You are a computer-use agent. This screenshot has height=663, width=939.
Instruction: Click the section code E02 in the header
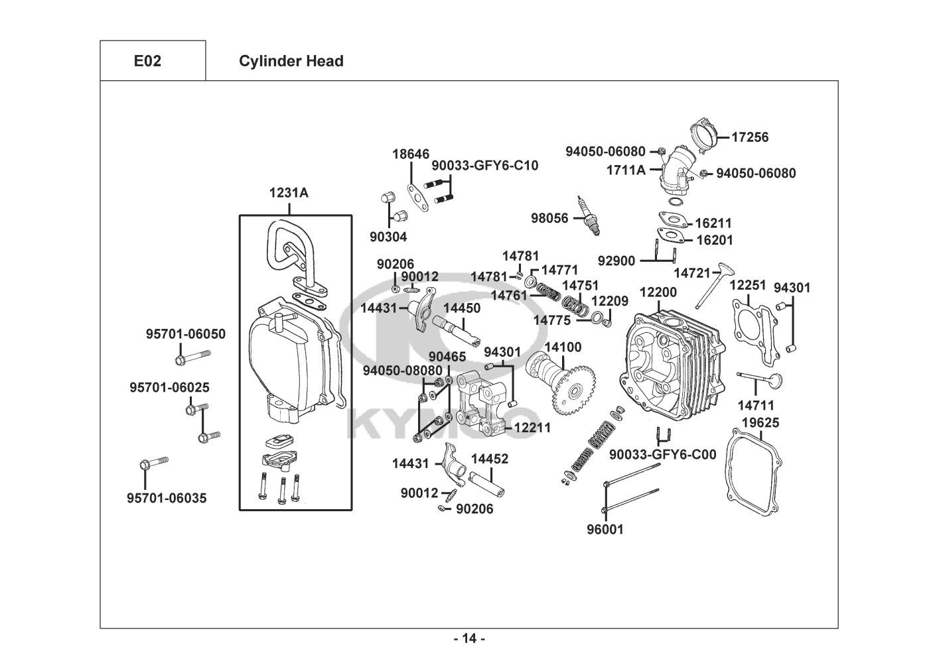pos(147,61)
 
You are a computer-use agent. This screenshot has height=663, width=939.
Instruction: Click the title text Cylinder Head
pos(291,61)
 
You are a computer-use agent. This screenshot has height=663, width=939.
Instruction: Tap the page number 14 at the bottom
pos(469,638)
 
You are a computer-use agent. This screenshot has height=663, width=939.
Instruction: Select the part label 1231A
pos(288,193)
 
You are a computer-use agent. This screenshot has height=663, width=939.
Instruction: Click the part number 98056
pos(549,218)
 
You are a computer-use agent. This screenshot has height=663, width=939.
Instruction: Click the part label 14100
pos(563,347)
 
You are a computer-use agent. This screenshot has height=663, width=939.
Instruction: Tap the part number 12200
pos(658,292)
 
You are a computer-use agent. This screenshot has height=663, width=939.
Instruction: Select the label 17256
pos(750,137)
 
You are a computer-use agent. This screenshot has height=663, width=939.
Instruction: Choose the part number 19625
pos(760,423)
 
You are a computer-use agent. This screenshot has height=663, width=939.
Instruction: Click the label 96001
pos(605,530)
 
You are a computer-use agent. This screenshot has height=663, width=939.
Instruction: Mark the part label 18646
pos(410,154)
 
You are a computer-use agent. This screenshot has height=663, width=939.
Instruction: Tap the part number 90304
pos(388,237)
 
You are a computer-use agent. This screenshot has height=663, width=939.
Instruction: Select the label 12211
pos(532,428)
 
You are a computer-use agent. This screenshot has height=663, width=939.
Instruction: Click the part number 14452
pos(490,459)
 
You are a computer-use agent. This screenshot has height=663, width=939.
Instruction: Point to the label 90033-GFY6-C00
pos(662,455)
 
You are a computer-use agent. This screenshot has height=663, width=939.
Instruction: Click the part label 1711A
pos(625,170)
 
